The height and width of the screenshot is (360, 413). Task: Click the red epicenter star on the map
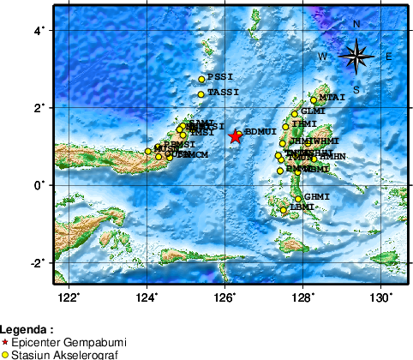point(236,135)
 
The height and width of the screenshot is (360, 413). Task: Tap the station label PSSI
point(218,77)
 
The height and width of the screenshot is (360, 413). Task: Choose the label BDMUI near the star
point(260,132)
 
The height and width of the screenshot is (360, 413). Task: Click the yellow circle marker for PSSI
point(201,80)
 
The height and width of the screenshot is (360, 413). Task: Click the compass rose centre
point(356,57)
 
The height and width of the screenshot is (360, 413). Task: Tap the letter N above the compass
point(356,24)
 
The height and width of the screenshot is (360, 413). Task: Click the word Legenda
point(26,329)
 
